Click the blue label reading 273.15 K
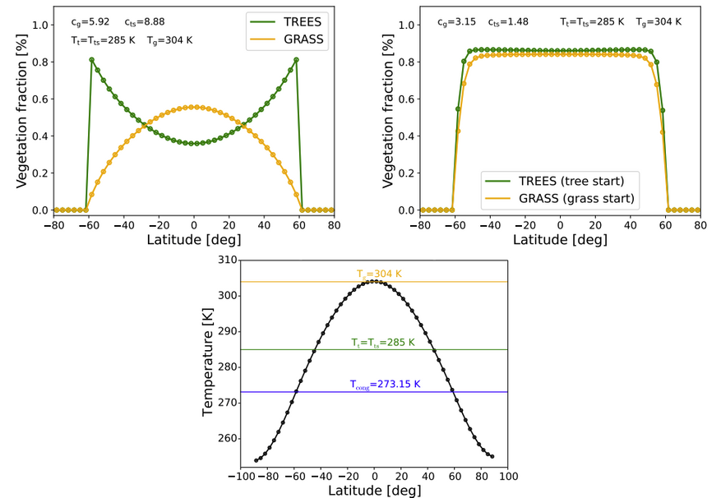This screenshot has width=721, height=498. click(385, 383)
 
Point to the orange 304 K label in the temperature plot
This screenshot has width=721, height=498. click(379, 274)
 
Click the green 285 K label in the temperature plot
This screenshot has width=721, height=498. click(382, 342)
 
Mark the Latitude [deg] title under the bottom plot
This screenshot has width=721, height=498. click(374, 491)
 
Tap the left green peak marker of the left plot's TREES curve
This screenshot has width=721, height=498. click(91, 60)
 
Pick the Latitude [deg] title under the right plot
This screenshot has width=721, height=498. click(560, 240)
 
